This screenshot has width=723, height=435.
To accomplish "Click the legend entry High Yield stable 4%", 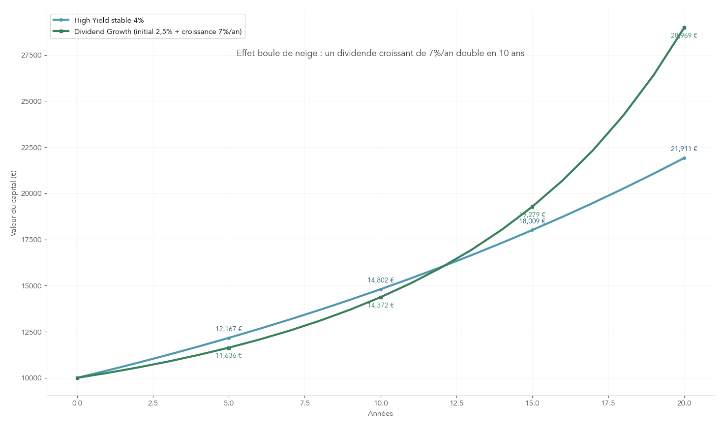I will click(x=109, y=20).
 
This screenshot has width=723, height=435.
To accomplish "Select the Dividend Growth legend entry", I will click(x=157, y=31).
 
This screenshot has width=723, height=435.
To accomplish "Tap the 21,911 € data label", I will click(x=684, y=149).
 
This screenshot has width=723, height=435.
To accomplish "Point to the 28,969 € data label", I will click(x=684, y=36).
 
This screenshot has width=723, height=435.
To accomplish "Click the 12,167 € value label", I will click(x=229, y=329).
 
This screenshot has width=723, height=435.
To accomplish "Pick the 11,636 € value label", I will click(x=229, y=355).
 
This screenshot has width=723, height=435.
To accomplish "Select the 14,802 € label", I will click(x=381, y=280).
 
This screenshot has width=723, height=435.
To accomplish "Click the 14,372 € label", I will click(x=381, y=305).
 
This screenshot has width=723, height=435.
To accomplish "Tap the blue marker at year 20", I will click(x=684, y=158).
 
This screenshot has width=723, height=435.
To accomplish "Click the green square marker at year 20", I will click(x=684, y=28).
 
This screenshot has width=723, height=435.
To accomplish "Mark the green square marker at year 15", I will click(x=532, y=207).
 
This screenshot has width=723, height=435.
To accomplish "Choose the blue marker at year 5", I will click(x=229, y=338).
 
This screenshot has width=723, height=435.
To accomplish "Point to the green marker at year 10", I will click(x=381, y=297).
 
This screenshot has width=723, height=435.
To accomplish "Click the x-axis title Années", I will click(x=381, y=414).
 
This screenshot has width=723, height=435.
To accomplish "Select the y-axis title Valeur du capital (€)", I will click(x=14, y=203).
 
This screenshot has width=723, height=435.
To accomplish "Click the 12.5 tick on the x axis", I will click(x=456, y=403).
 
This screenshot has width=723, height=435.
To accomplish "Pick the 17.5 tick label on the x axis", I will click(x=608, y=403).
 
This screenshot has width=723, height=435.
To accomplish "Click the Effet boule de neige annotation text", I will click(x=380, y=53).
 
